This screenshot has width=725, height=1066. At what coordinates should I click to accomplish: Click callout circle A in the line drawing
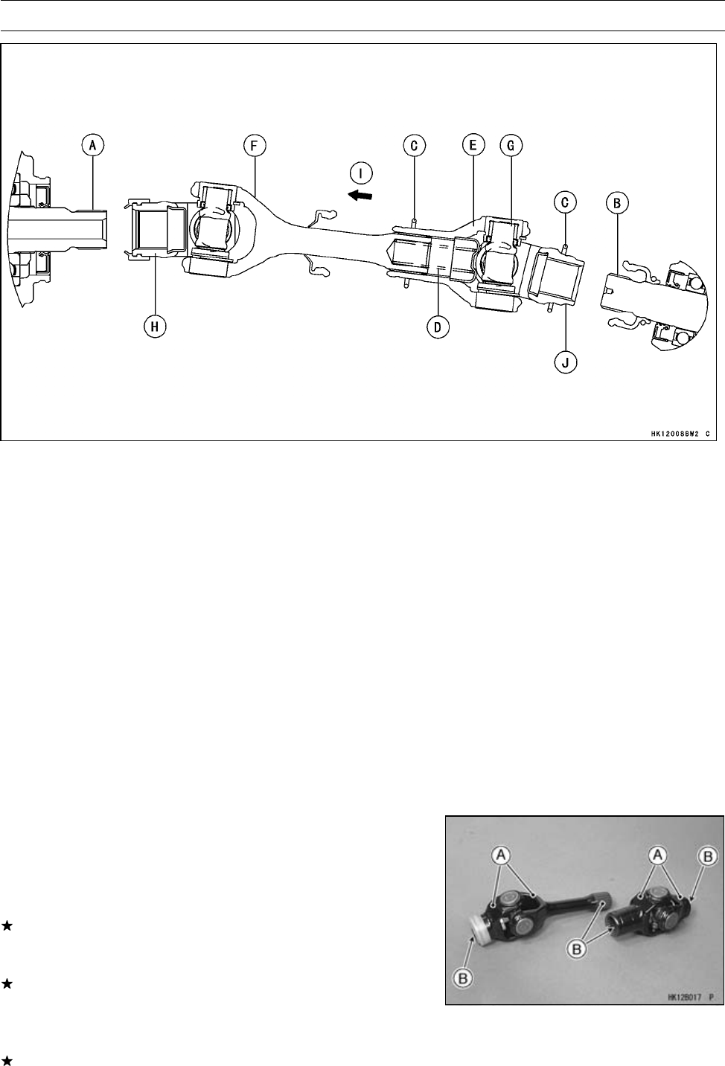pyautogui.click(x=93, y=146)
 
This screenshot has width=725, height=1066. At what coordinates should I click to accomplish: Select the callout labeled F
pyautogui.click(x=255, y=146)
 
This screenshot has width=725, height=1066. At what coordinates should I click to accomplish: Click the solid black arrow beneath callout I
pyautogui.click(x=362, y=195)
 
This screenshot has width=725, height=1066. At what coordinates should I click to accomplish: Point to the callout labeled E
pyautogui.click(x=473, y=146)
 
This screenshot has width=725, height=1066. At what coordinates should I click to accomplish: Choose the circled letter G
pyautogui.click(x=511, y=146)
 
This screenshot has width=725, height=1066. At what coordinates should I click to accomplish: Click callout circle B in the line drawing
pyautogui.click(x=618, y=201)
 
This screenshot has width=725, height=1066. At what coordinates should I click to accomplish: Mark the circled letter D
pyautogui.click(x=439, y=326)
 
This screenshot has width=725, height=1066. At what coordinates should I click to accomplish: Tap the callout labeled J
pyautogui.click(x=566, y=362)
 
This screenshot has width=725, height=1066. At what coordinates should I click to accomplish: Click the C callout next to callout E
pyautogui.click(x=414, y=146)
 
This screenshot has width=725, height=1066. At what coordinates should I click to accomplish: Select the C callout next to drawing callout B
pyautogui.click(x=567, y=201)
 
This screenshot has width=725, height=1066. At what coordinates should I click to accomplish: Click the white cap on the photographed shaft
pyautogui.click(x=483, y=935)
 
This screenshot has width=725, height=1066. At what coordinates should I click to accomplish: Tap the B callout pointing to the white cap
pyautogui.click(x=464, y=978)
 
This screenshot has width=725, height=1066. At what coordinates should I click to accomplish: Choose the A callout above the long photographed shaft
pyautogui.click(x=506, y=857)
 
